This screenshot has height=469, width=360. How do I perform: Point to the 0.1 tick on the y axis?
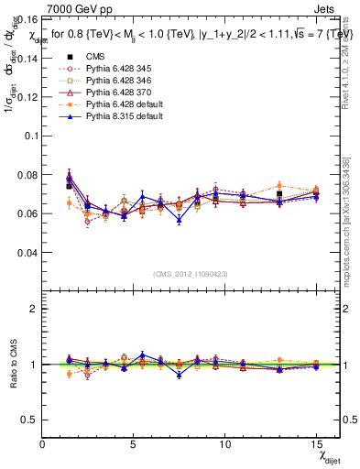click(28, 135)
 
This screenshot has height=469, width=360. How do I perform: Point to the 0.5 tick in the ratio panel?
click(28, 420)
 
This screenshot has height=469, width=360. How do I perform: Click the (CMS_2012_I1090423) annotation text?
click(191, 273)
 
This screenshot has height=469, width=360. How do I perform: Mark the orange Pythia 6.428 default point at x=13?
click(279, 185)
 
